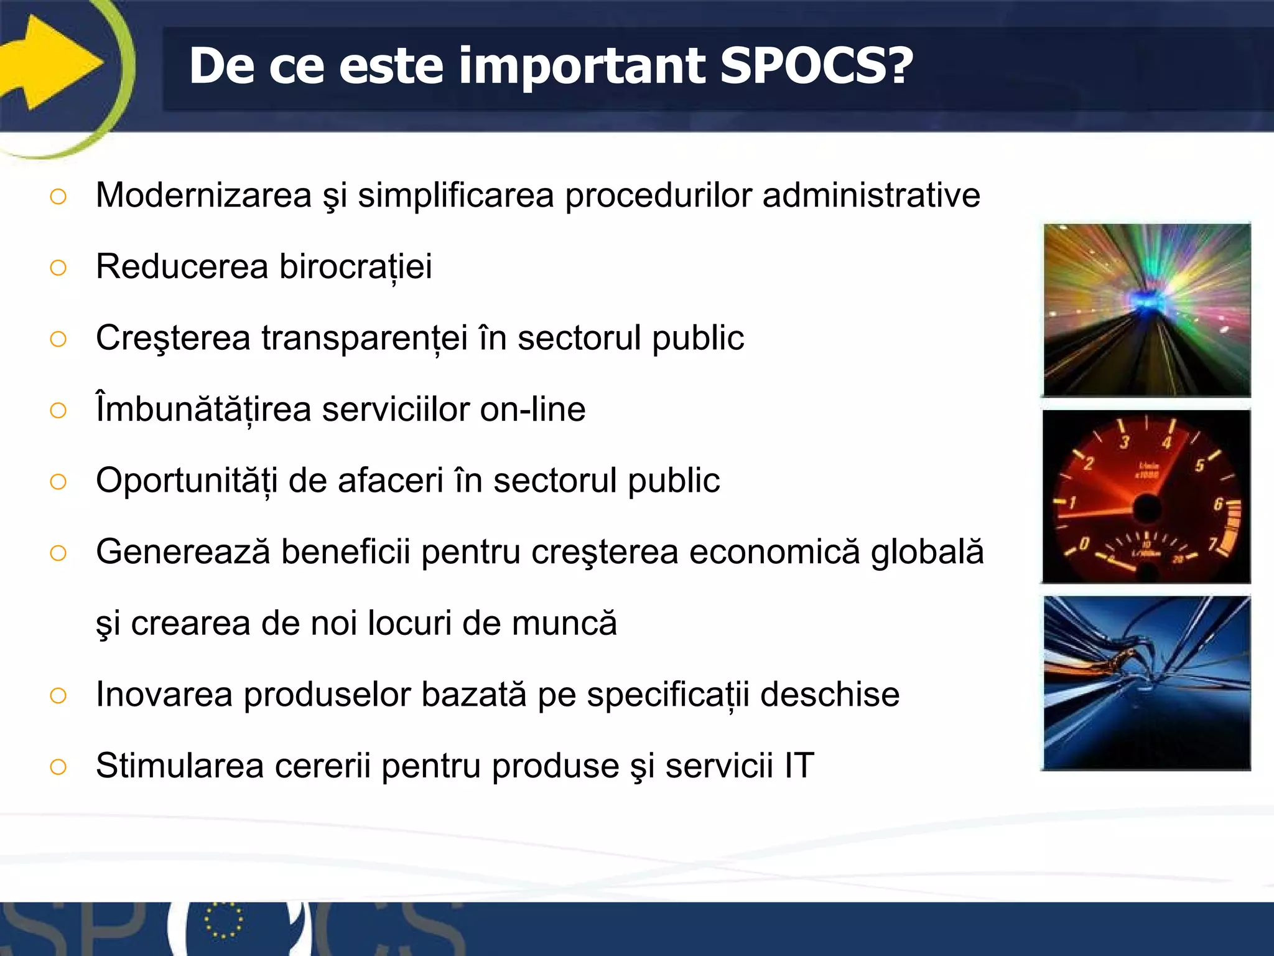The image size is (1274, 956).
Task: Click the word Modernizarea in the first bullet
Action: click(203, 195)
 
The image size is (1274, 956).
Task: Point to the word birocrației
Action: click(355, 267)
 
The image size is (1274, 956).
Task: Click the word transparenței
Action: click(365, 339)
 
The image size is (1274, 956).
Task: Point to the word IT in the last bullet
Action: click(799, 766)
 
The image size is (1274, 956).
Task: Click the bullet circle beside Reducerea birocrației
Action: click(58, 268)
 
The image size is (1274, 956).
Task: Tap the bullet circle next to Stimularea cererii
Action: click(58, 767)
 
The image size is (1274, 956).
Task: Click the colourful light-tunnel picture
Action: click(1146, 310)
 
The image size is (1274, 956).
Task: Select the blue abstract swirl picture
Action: click(1146, 683)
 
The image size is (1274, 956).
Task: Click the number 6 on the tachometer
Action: click(1218, 504)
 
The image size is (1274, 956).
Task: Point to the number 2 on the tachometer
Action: click(1089, 464)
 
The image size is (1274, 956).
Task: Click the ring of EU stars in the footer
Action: click(223, 921)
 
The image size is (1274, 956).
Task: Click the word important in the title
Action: click(582, 66)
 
